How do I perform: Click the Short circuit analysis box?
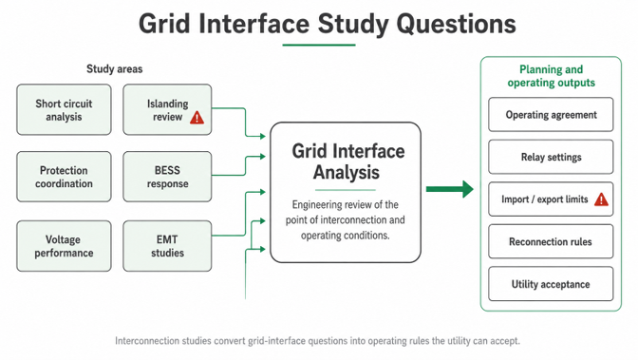click(x=64, y=109)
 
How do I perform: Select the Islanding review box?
click(x=167, y=109)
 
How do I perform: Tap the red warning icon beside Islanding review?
click(x=197, y=117)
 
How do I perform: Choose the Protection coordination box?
click(x=64, y=177)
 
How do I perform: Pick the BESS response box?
click(x=167, y=177)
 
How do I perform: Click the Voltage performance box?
click(x=64, y=246)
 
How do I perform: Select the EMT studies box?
click(x=167, y=246)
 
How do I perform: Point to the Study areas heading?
click(x=114, y=68)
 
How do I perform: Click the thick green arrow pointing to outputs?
click(x=450, y=189)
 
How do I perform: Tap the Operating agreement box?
click(x=551, y=114)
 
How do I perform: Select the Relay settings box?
click(x=551, y=157)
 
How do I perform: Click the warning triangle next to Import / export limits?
click(x=601, y=199)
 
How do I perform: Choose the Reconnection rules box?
click(x=551, y=241)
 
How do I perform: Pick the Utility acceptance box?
click(x=551, y=284)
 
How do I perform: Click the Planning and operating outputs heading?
click(x=551, y=76)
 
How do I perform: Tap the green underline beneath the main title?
click(x=319, y=45)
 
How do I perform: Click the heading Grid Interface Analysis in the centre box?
click(x=347, y=161)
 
